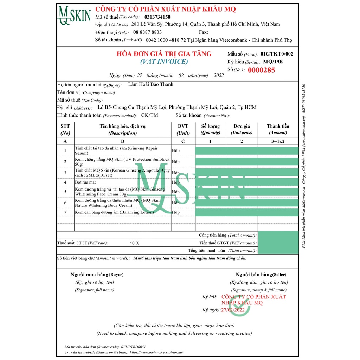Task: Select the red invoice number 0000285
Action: (261, 70)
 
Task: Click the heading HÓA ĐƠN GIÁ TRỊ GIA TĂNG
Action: (164, 54)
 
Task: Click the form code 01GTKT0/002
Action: (277, 54)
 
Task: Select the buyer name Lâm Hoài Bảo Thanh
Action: (150, 84)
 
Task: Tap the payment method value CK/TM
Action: (149, 115)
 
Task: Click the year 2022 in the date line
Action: (218, 75)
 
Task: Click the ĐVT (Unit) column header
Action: (183, 129)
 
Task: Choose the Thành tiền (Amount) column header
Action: (278, 129)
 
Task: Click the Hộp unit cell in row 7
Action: (175, 212)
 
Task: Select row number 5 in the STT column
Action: (65, 192)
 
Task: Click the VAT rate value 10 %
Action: (134, 243)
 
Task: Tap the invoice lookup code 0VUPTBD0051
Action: (133, 346)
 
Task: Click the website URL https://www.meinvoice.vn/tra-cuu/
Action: (156, 352)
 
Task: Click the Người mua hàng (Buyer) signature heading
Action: (97, 275)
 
